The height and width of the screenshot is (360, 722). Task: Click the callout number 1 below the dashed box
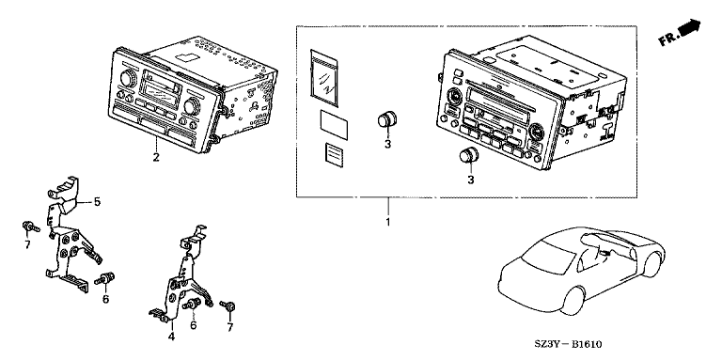387,223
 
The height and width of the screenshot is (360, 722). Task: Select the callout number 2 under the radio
156,158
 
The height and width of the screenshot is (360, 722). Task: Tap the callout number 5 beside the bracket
97,202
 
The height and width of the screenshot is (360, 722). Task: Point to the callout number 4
171,337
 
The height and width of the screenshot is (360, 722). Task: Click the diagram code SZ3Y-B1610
568,344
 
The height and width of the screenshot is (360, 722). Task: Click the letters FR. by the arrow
667,39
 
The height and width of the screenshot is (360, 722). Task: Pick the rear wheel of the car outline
651,264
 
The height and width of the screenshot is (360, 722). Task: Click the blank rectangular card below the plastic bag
335,124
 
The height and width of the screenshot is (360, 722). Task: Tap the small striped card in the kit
333,152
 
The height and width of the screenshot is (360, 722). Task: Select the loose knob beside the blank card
387,119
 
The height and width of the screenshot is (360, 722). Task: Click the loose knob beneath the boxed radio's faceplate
469,156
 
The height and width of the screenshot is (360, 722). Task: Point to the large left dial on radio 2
126,79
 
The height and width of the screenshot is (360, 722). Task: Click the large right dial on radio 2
190,107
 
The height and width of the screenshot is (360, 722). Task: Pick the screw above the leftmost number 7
30,227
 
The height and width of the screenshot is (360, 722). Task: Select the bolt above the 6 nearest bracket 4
192,304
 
